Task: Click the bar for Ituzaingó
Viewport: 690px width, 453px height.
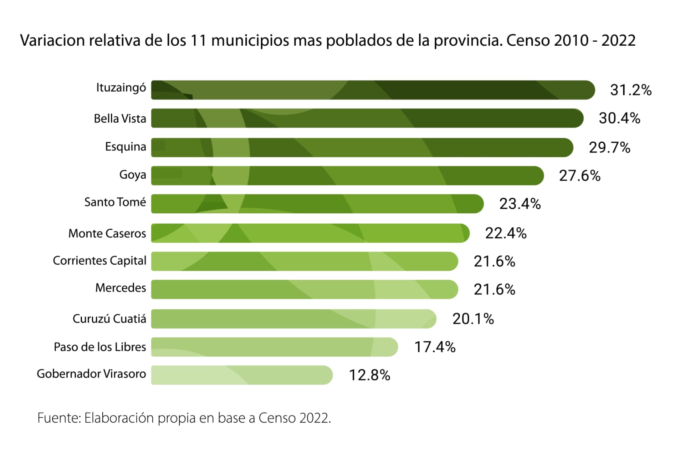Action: tap(373, 90)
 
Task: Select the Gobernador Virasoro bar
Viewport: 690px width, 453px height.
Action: tap(241, 375)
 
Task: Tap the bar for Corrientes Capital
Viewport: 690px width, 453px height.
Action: tap(304, 261)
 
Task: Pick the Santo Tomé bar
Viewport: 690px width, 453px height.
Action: tap(317, 204)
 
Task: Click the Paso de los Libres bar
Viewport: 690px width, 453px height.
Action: tap(274, 347)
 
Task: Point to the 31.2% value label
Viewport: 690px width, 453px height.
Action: tap(630, 90)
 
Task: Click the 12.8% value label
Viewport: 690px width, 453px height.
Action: tap(369, 375)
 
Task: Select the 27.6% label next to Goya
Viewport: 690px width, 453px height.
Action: tap(580, 176)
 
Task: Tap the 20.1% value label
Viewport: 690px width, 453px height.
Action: tap(473, 319)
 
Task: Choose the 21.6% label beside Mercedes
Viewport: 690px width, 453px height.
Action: tap(494, 289)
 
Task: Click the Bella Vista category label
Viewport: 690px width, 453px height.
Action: tap(120, 119)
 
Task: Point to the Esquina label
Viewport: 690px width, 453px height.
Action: tap(125, 147)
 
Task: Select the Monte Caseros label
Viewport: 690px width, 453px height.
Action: tap(107, 234)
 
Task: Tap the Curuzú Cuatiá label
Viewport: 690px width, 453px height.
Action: tap(109, 319)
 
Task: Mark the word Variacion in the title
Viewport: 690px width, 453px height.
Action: tap(52, 41)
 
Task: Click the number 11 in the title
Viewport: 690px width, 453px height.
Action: tap(198, 41)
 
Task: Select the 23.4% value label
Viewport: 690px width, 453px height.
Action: tap(520, 204)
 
